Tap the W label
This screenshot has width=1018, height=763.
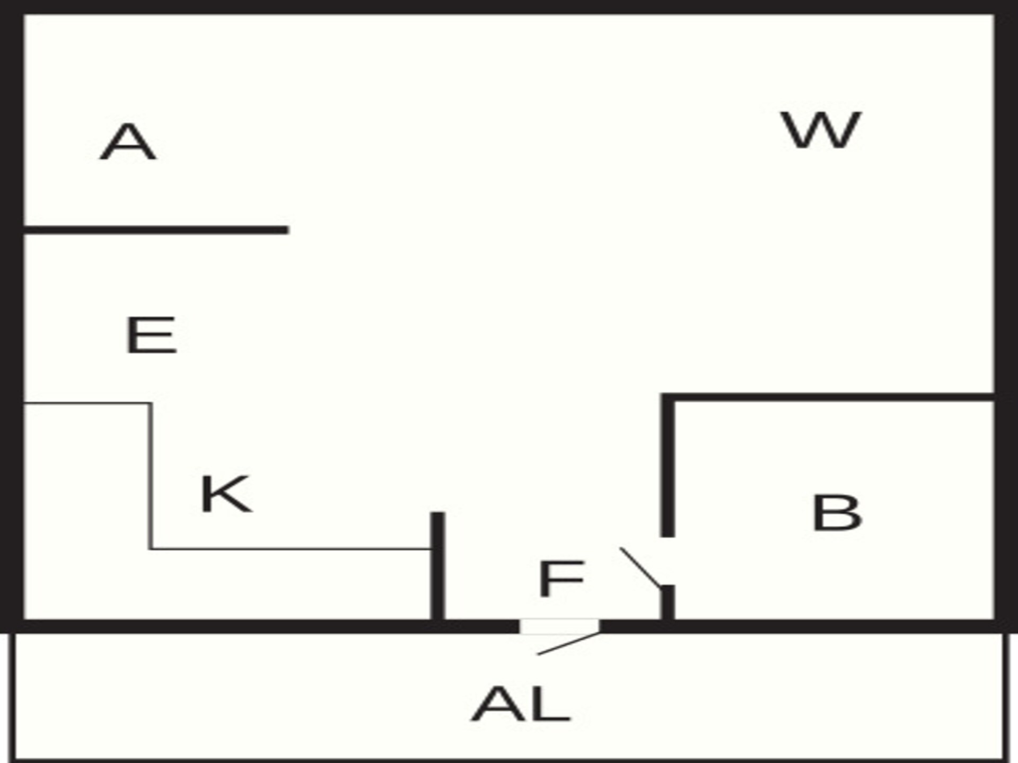(x=821, y=130)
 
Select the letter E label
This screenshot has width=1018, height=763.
(x=151, y=335)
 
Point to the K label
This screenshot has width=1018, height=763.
(x=226, y=494)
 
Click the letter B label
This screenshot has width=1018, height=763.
(x=837, y=512)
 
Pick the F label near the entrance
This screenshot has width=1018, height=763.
(x=561, y=579)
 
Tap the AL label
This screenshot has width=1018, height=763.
(x=521, y=704)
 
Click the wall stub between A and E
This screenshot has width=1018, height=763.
(x=156, y=230)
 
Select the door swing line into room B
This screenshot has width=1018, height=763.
(x=641, y=567)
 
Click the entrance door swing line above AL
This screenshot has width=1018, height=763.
(x=569, y=643)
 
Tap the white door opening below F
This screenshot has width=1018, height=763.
(x=559, y=626)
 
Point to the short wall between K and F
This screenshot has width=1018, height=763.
(x=437, y=565)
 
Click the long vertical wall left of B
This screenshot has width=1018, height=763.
(x=668, y=465)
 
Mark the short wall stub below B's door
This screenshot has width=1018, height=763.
(x=668, y=602)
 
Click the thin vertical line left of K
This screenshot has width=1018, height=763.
(x=151, y=476)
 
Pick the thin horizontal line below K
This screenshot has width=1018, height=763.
(x=291, y=549)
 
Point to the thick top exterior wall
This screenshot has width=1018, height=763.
(x=509, y=7)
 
